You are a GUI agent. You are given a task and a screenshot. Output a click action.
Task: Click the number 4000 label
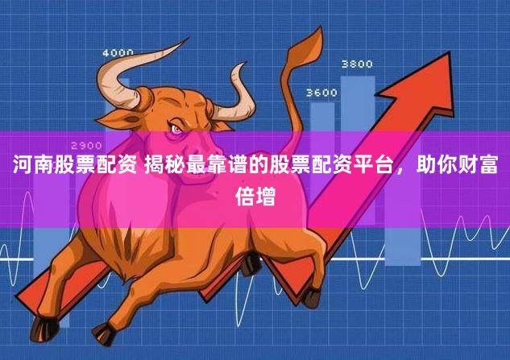point(118,53)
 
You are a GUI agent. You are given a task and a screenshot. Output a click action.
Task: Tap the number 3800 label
point(357,64)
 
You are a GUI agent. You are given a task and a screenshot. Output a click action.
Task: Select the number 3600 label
point(321,93)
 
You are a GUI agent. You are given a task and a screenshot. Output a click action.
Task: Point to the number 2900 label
point(86,145)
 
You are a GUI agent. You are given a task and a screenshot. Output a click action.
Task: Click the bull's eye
point(176,128)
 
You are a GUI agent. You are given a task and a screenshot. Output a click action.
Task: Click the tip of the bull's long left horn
point(188,39)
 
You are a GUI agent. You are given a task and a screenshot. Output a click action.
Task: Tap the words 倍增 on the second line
point(255,196)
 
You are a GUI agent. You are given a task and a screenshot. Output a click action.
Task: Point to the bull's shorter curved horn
point(237,94)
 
